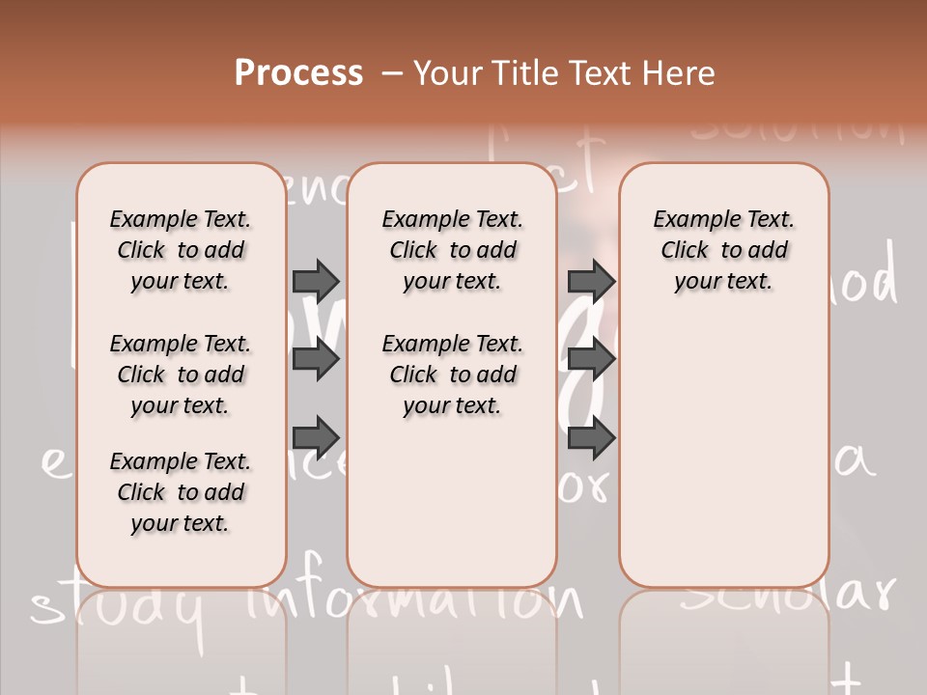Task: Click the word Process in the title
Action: pos(298,73)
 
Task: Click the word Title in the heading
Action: pos(523,73)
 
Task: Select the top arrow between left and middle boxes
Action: pos(316,281)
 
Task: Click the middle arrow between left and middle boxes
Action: pos(316,359)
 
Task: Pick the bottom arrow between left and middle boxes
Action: pos(316,437)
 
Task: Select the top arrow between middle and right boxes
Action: pos(591,281)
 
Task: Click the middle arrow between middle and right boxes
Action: pos(591,359)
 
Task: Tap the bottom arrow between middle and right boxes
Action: pos(591,437)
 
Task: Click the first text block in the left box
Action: pos(181,250)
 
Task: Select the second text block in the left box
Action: pos(181,375)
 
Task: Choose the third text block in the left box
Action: pos(181,492)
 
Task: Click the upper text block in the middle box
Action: pos(452,250)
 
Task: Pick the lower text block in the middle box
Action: pos(452,375)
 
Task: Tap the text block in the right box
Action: pos(723,250)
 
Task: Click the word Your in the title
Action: pos(448,73)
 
